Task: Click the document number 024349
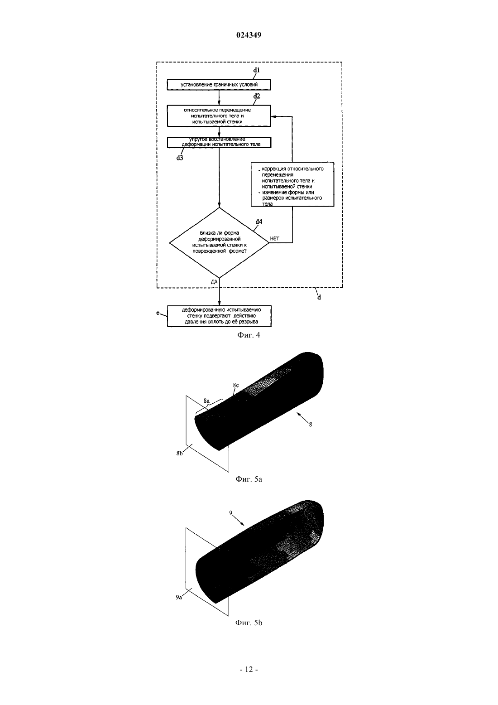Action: (x=249, y=35)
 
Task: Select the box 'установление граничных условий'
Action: (x=219, y=85)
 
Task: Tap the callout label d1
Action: (x=257, y=70)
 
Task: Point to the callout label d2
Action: (x=257, y=96)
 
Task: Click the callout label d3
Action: (x=180, y=158)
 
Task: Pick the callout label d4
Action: (x=259, y=222)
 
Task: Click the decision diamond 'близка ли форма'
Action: (x=219, y=243)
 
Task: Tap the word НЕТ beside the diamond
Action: (x=274, y=239)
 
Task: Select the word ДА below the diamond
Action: (x=214, y=282)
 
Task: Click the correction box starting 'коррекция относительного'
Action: (x=292, y=184)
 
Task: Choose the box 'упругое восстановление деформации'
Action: (x=219, y=142)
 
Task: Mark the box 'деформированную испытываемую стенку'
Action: (x=219, y=316)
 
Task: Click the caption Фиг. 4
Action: (x=249, y=335)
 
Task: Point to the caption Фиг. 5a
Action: (x=249, y=479)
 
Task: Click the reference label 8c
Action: (x=236, y=385)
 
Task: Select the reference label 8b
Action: (x=179, y=454)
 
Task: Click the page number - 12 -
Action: (x=249, y=670)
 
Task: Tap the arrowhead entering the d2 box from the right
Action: (x=273, y=116)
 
